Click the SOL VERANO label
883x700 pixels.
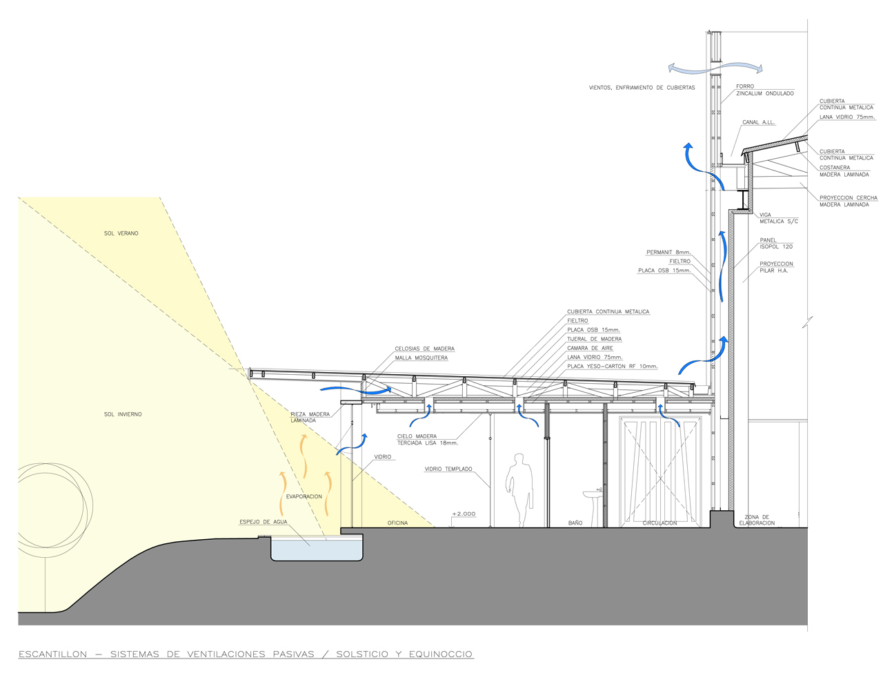point(121,233)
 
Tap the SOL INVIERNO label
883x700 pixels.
point(123,414)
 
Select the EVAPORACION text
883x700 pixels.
point(304,496)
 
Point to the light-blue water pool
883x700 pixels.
point(317,550)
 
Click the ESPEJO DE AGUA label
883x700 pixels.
point(264,522)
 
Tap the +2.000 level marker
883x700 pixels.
point(464,514)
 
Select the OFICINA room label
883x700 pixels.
point(397,523)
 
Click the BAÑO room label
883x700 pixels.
point(575,523)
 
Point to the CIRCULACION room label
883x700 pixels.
point(659,523)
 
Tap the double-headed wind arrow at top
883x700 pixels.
point(715,68)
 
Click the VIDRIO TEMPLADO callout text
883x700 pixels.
point(448,469)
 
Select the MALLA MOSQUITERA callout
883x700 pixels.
point(421,358)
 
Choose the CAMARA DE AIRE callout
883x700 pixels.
point(590,348)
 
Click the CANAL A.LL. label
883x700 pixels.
point(759,122)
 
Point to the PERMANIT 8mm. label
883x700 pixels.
point(669,253)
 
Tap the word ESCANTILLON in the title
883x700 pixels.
point(53,654)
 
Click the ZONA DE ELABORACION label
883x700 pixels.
point(757,521)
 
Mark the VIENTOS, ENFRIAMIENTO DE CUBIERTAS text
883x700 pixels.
point(642,88)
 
